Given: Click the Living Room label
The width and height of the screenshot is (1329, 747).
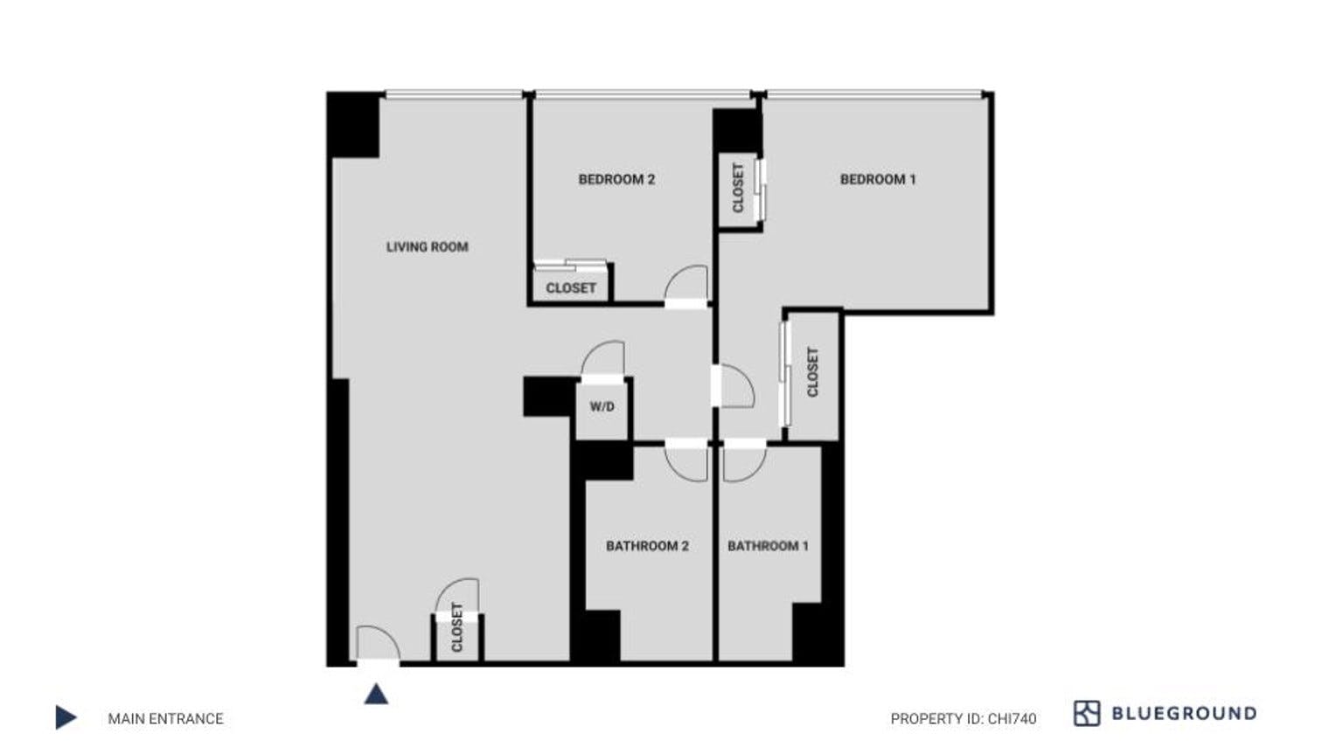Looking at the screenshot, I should (x=427, y=247).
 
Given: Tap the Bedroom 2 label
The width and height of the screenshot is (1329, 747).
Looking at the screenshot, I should (x=616, y=179).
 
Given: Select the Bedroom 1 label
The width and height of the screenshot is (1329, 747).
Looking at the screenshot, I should (x=877, y=179).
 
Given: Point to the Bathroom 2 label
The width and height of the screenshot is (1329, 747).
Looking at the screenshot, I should (x=647, y=546).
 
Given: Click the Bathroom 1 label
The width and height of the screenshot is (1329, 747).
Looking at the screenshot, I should (x=768, y=546).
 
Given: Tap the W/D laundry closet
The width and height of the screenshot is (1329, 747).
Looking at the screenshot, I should (x=602, y=407).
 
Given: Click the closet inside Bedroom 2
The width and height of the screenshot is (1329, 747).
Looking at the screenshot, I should (x=571, y=287).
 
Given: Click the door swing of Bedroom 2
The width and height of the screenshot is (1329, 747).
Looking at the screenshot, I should (x=688, y=284).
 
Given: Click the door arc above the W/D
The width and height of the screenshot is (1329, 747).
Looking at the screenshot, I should (x=604, y=359).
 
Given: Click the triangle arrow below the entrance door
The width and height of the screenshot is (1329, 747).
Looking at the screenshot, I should (x=376, y=695).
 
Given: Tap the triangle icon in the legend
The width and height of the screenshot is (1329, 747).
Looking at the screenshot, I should (x=66, y=717).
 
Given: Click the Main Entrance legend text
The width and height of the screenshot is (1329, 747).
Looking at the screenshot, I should (x=165, y=719).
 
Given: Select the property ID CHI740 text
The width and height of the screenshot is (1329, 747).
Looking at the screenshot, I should (x=963, y=719).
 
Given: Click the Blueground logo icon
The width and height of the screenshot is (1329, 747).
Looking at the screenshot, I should (x=1086, y=713).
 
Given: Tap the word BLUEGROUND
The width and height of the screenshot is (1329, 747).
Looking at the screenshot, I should (x=1183, y=714).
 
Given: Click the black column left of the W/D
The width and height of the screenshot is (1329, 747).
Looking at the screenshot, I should (x=549, y=396).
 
